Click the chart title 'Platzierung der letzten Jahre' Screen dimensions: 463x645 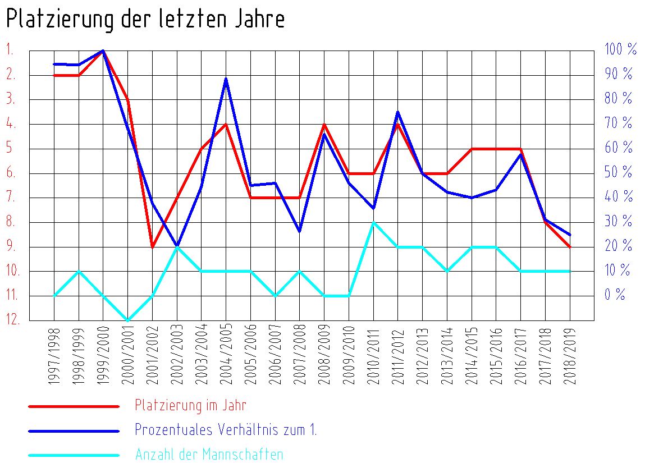click(145, 20)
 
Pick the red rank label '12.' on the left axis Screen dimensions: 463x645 click(13, 320)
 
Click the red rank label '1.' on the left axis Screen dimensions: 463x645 click(10, 49)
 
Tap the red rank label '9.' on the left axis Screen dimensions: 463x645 click(11, 246)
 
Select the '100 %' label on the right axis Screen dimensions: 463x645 click(620, 49)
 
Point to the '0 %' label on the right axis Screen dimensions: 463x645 click(615, 295)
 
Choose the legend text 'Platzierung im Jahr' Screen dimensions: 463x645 click(190, 405)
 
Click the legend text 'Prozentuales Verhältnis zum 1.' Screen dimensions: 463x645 click(226, 430)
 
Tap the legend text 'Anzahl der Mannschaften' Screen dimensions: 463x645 click(209, 455)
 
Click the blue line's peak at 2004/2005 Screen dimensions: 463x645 click(226, 79)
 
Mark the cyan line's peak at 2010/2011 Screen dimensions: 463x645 click(373, 223)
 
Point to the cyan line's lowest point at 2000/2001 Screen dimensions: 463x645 click(128, 320)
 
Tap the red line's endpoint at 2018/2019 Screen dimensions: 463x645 click(570, 247)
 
